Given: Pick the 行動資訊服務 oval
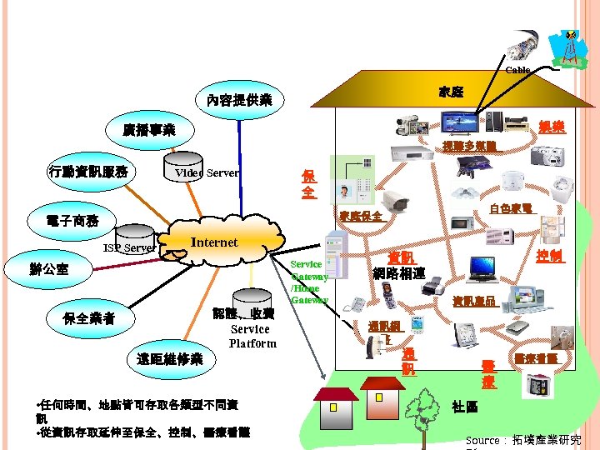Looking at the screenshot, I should [x=88, y=172].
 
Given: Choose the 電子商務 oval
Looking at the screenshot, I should [x=74, y=221].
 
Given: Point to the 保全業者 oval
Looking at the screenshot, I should [x=90, y=319].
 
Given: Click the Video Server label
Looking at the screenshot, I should [x=207, y=173].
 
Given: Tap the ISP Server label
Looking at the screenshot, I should [x=129, y=248].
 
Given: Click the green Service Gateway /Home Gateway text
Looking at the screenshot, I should [x=308, y=282].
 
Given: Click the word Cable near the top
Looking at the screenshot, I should [x=517, y=71].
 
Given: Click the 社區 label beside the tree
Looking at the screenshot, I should [x=464, y=406].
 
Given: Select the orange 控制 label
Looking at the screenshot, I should [x=551, y=256].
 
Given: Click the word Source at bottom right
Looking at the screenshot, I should [x=482, y=440].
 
